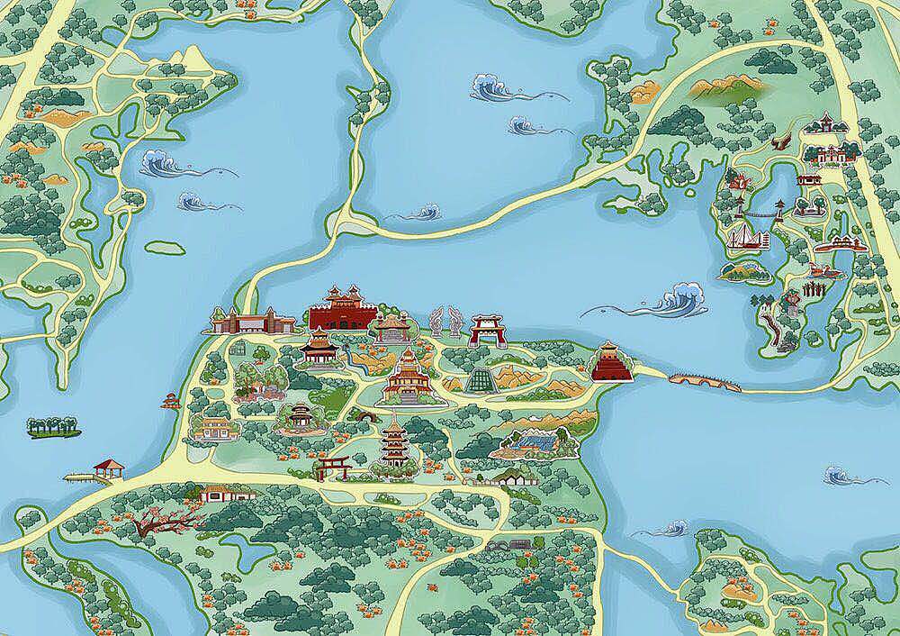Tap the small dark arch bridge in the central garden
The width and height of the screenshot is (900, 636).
[365, 416]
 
